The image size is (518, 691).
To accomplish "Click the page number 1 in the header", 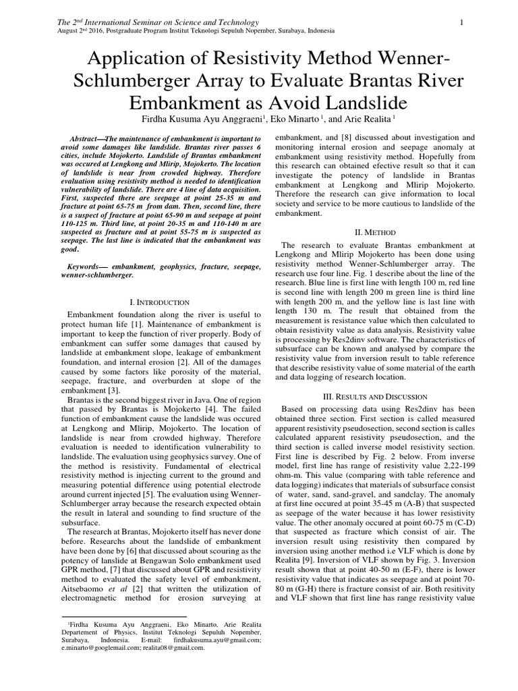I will pos(462,23).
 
